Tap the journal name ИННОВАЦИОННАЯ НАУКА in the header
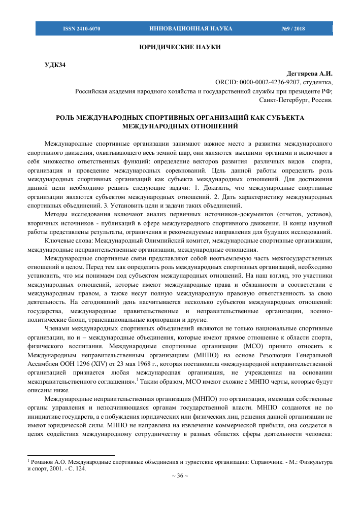click(x=191, y=29)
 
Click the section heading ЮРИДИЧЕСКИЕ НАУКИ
click(x=180, y=47)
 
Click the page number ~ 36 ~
click(x=180, y=476)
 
